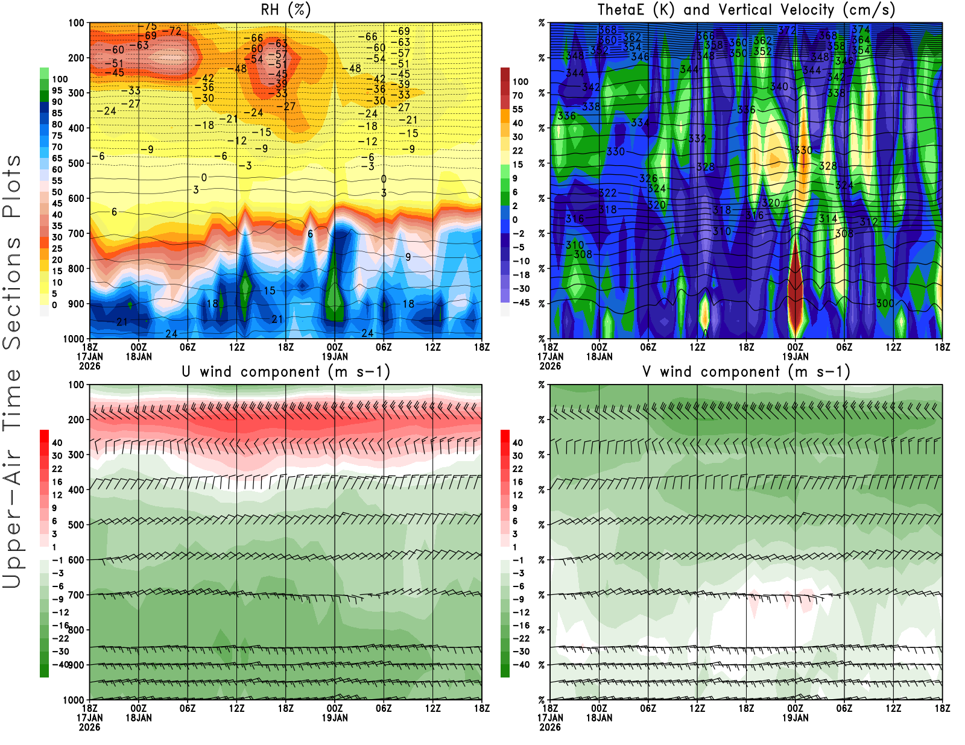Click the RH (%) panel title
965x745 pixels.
click(285, 10)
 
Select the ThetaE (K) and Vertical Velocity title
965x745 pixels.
click(746, 10)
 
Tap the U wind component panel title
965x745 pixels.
click(285, 372)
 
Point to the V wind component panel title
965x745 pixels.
click(746, 372)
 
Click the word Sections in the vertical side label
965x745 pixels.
click(12, 293)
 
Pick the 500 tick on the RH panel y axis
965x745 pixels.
click(76, 163)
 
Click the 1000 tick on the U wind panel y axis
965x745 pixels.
click(74, 700)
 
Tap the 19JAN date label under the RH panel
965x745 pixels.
click(335, 357)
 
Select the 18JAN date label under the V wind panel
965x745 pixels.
click(599, 718)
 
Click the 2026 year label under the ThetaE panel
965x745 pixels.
click(550, 366)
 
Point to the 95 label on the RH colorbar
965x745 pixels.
click(57, 90)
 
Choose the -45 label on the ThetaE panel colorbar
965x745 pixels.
click(521, 303)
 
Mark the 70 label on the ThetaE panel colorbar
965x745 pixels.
click(517, 95)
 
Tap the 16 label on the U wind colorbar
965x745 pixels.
click(57, 482)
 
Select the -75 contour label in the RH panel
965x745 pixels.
click(147, 27)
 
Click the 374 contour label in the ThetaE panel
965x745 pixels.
click(861, 29)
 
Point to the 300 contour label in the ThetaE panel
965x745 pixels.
click(885, 303)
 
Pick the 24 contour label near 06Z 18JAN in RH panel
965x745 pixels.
click(171, 333)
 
